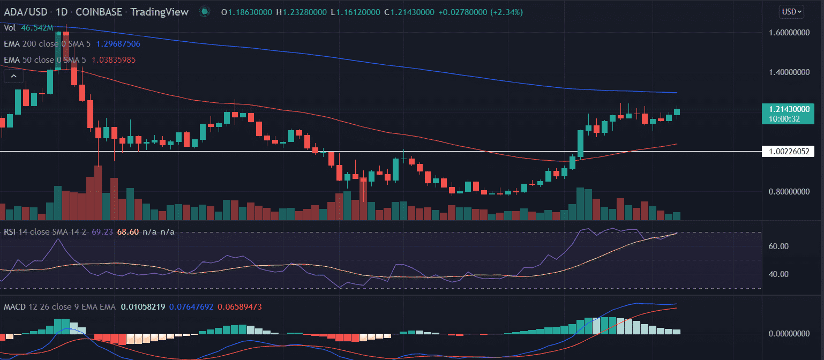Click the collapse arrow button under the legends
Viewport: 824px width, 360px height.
click(x=11, y=77)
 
